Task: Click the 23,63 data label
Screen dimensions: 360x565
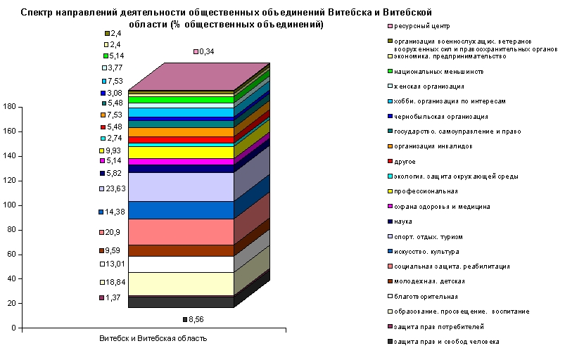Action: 116,188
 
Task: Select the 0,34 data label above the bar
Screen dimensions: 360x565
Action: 206,51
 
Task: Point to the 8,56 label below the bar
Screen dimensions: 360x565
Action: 195,319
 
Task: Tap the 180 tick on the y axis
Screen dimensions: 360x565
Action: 9,107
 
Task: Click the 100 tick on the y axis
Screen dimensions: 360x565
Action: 9,205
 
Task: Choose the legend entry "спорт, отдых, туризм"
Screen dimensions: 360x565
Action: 432,237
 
